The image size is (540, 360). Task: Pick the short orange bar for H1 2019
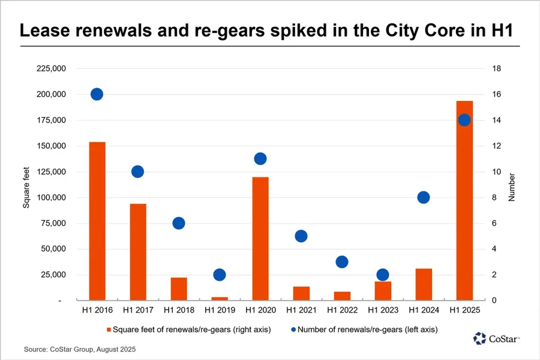click(220, 298)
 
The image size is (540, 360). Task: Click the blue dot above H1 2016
click(97, 94)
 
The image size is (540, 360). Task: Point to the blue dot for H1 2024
click(424, 197)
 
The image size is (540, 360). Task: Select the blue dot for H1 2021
click(301, 236)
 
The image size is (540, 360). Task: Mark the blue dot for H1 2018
click(179, 223)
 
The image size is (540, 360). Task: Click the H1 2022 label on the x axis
click(342, 311)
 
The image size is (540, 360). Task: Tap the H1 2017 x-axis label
click(138, 311)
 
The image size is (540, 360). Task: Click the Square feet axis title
click(26, 185)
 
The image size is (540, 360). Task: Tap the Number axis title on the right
click(512, 185)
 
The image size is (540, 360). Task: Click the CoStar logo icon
click(479, 339)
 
